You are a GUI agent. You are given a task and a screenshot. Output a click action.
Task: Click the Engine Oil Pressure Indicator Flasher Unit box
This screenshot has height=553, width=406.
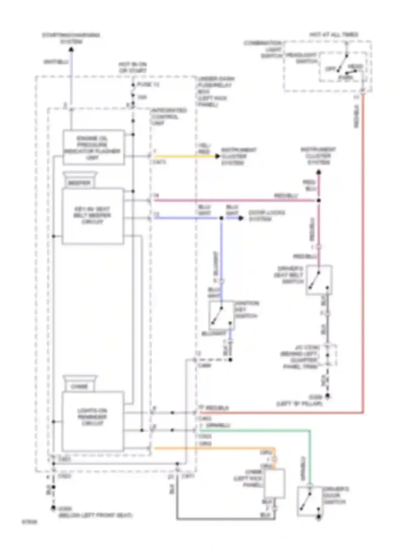pos(93,147)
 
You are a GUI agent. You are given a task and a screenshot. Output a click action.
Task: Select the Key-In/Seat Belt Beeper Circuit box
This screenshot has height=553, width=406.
pos(93,216)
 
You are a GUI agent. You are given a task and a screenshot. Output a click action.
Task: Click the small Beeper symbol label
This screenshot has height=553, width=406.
pos(79,183)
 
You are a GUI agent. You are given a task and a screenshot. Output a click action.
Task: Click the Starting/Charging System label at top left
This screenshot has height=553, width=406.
pos(71,38)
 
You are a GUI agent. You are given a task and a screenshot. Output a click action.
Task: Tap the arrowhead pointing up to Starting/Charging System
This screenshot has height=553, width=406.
pos(71,50)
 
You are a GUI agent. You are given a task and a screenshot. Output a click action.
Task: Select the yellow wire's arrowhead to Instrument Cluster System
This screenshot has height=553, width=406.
pos(217,156)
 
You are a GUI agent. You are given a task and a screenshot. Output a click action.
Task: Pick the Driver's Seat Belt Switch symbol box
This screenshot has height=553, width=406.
pos(319,280)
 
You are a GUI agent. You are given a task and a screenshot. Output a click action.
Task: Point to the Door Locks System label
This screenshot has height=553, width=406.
pos(266,216)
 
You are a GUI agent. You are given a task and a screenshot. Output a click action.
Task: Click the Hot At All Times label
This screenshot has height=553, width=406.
pos(333,35)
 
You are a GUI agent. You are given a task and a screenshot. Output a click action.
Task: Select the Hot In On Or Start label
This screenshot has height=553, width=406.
pos(132,67)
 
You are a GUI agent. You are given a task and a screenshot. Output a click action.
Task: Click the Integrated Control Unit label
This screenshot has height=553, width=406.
pos(169,117)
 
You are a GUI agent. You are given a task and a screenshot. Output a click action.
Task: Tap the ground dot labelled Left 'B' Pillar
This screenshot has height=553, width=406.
pos(327,396)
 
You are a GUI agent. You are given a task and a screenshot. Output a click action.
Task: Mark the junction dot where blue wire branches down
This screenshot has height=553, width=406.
pos(221,218)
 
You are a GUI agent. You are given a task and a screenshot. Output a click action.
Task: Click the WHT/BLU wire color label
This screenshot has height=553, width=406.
pos(56,62)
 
